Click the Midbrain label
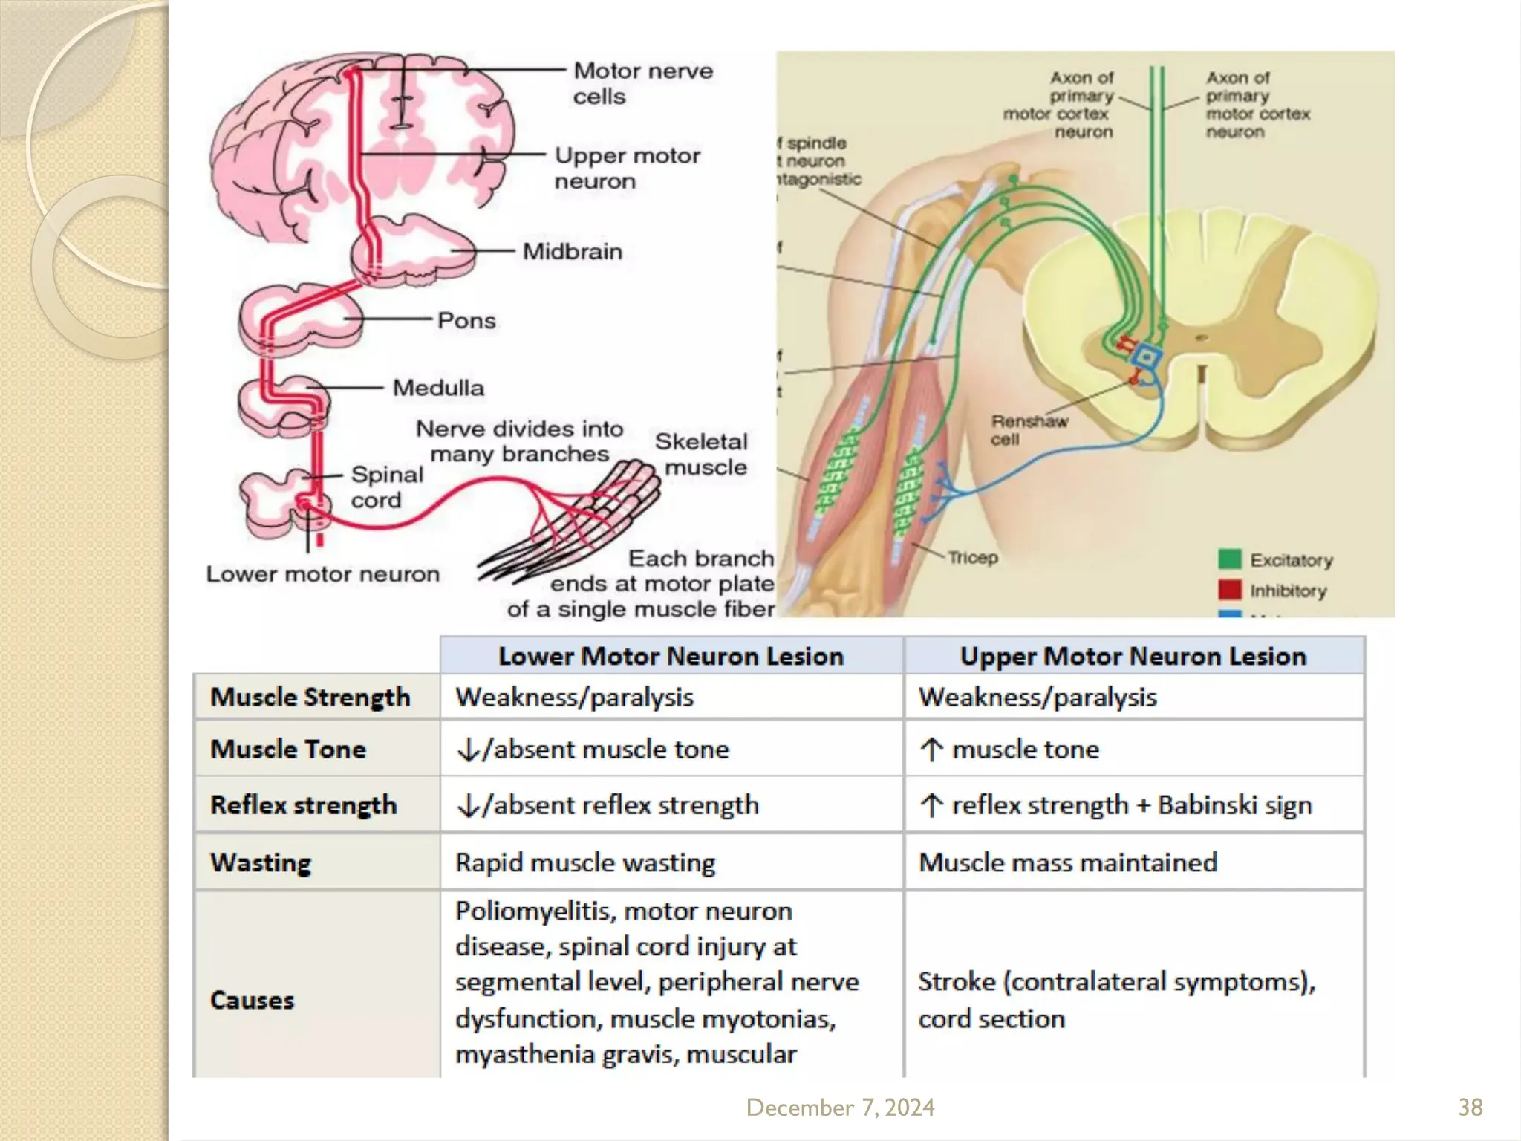[572, 252]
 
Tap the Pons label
[466, 321]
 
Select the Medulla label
[437, 388]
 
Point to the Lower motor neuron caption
[322, 574]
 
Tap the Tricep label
[972, 557]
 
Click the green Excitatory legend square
[1229, 559]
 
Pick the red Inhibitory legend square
[1229, 590]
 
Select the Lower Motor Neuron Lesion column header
[671, 656]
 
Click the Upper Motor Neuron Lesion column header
[1133, 656]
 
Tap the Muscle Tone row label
[288, 749]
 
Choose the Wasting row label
[261, 862]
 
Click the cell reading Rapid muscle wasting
[585, 862]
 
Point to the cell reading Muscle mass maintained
[1067, 862]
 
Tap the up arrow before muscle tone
[931, 750]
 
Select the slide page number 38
[1470, 1108]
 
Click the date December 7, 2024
[840, 1108]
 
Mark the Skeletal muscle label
[702, 454]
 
